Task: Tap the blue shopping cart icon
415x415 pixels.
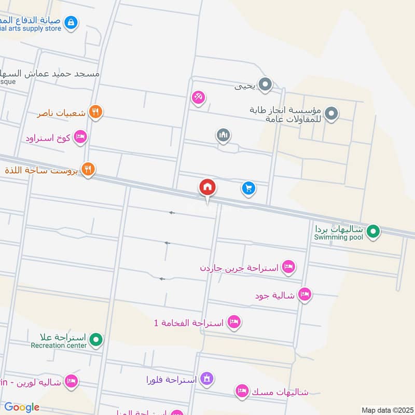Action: pyautogui.click(x=248, y=188)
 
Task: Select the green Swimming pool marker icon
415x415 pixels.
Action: pyautogui.click(x=373, y=231)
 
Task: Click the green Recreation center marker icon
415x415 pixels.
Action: pyautogui.click(x=95, y=340)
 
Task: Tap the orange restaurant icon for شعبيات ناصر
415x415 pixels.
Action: pyautogui.click(x=95, y=112)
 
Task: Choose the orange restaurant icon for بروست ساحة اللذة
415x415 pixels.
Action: pyautogui.click(x=88, y=169)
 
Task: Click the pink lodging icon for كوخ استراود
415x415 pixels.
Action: pyautogui.click(x=80, y=137)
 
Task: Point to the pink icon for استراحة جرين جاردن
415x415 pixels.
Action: pyautogui.click(x=288, y=267)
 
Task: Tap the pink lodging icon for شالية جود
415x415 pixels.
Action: pyautogui.click(x=305, y=295)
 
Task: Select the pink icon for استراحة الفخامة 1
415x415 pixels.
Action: pyautogui.click(x=234, y=323)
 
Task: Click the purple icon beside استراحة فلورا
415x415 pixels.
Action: pyautogui.click(x=206, y=379)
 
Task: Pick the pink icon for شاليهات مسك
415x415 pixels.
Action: pyautogui.click(x=241, y=391)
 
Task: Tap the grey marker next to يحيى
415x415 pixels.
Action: pyautogui.click(x=265, y=84)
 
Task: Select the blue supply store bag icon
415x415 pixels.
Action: pyautogui.click(x=72, y=22)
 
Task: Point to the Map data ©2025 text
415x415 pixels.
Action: pyautogui.click(x=386, y=410)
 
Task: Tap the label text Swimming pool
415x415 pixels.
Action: pyautogui.click(x=338, y=238)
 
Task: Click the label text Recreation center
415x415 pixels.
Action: pyautogui.click(x=58, y=345)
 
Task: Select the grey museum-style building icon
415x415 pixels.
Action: pyautogui.click(x=223, y=135)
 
